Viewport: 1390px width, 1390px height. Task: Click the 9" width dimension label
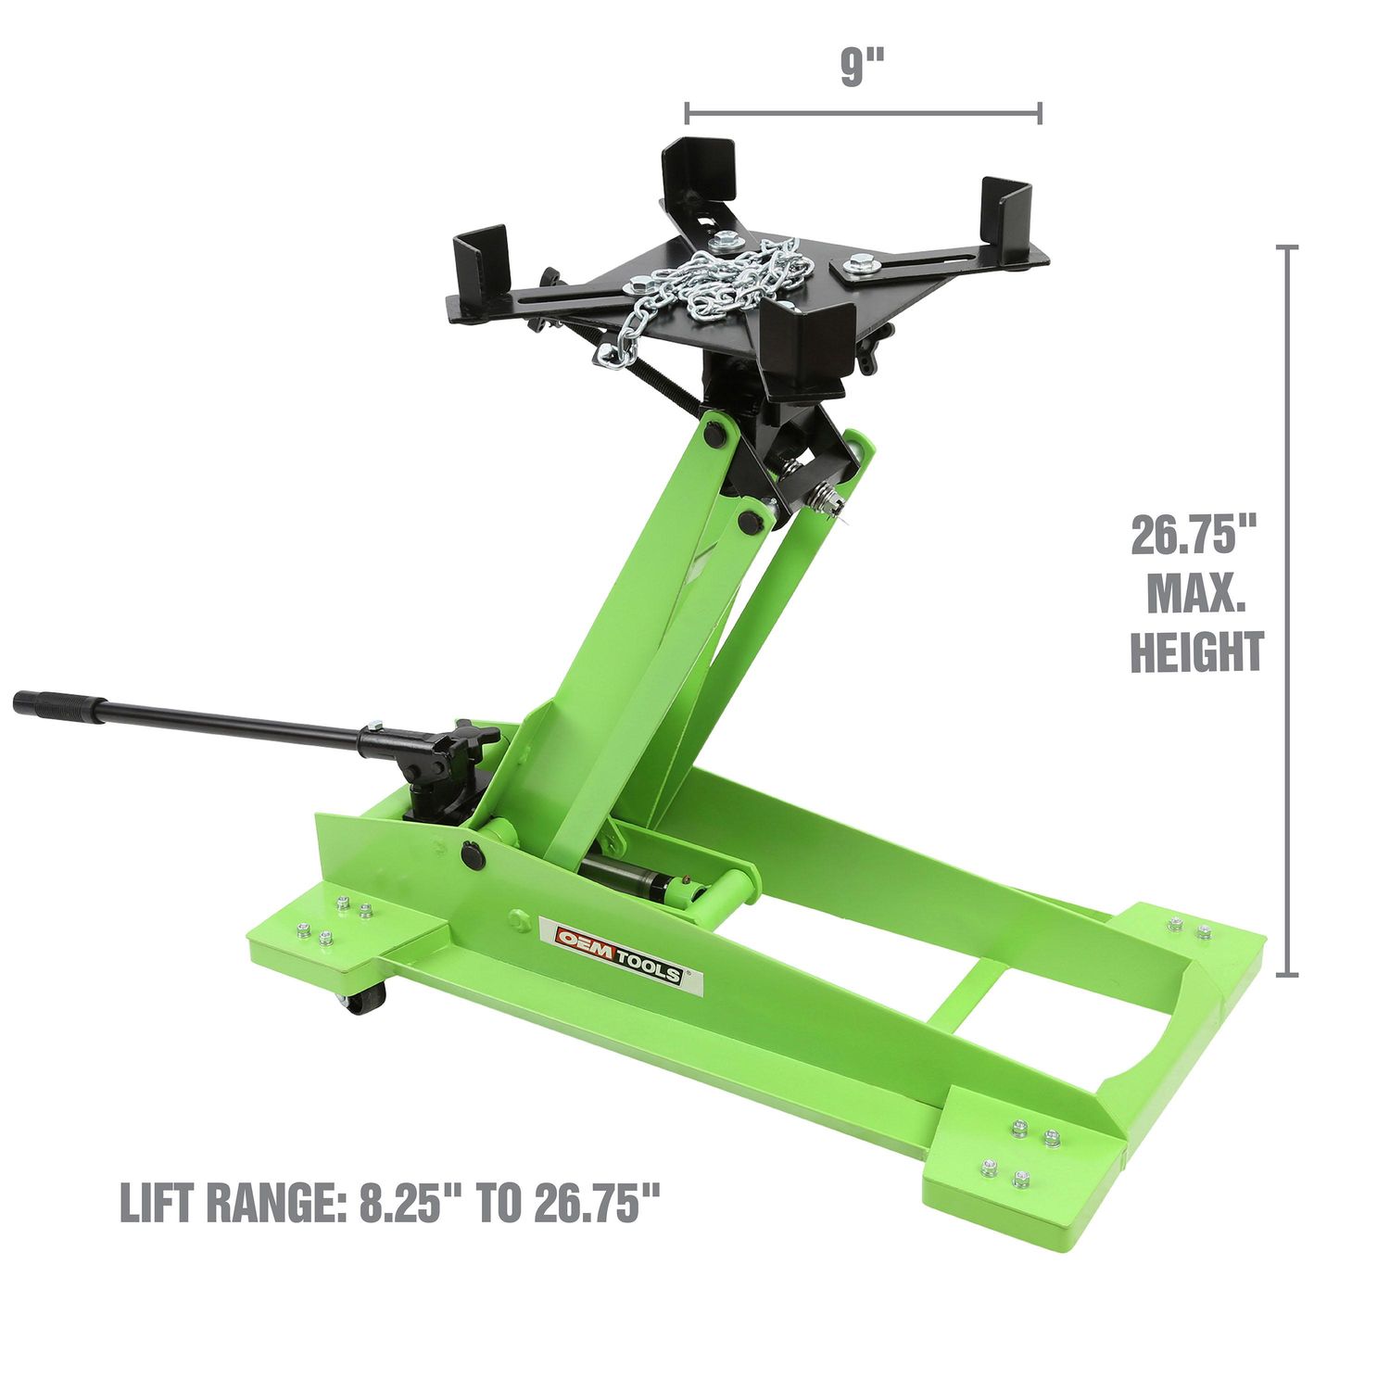point(863,68)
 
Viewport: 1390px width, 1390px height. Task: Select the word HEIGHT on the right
point(1196,651)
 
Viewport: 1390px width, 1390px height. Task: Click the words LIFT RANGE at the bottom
point(233,1204)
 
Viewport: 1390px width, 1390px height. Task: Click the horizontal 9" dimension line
point(863,114)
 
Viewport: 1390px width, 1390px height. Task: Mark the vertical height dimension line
point(1286,612)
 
